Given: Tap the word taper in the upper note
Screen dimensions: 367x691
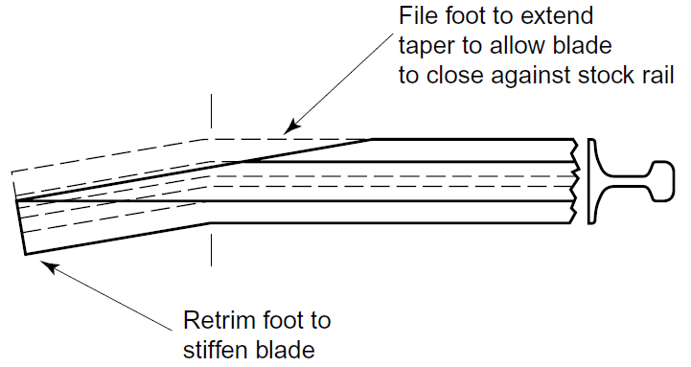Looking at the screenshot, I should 425,46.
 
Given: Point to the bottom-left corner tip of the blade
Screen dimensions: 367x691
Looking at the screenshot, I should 25,255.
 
